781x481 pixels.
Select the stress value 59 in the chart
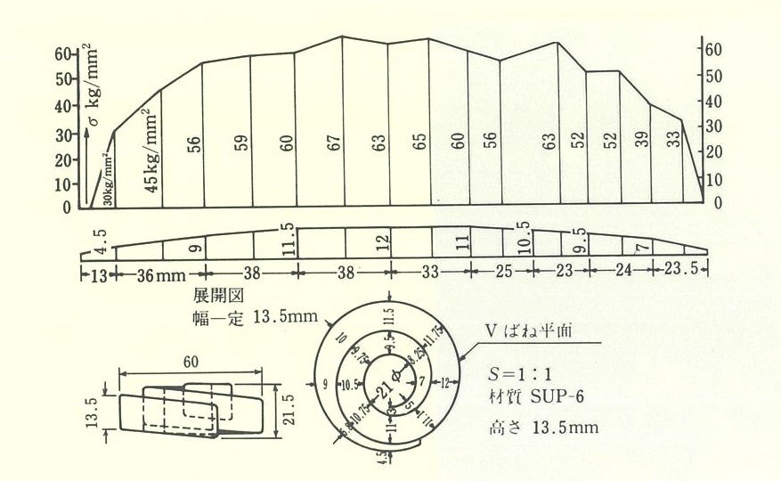click(x=241, y=145)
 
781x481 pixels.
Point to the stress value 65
click(x=420, y=143)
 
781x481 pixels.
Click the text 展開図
click(x=211, y=294)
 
